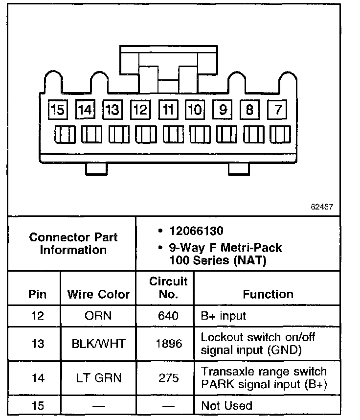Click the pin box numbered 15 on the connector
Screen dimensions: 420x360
coord(58,110)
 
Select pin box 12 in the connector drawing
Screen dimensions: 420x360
coord(140,110)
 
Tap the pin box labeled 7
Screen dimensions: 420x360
coord(278,109)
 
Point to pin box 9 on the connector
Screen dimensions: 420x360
coord(223,109)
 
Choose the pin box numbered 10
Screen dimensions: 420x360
coord(195,110)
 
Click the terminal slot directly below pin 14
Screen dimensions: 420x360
coord(91,135)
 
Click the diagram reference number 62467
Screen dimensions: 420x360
coord(322,207)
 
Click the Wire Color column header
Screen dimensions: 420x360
coord(98,294)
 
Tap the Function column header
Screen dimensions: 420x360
coord(268,294)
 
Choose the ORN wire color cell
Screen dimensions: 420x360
coord(98,316)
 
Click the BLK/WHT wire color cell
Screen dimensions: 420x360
coord(98,343)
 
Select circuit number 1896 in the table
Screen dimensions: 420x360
coord(168,343)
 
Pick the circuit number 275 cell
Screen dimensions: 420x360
coord(168,377)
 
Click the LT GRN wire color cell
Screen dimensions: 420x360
coord(98,377)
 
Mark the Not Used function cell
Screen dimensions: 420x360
coord(226,405)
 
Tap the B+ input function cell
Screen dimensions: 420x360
coord(224,316)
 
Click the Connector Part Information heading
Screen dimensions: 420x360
coord(73,243)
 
